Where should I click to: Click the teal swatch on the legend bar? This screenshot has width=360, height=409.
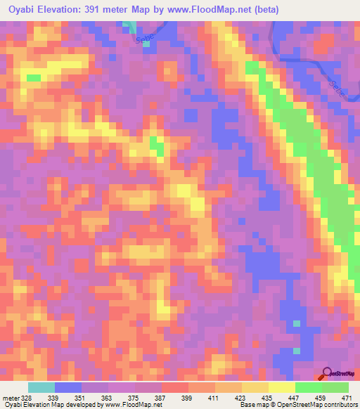[41, 388]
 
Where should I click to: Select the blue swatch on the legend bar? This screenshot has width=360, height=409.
[68, 388]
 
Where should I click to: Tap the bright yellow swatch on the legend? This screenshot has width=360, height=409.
[282, 388]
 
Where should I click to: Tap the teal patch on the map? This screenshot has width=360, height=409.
[130, 27]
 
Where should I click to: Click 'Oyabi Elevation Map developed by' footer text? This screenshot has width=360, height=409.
[49, 405]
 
